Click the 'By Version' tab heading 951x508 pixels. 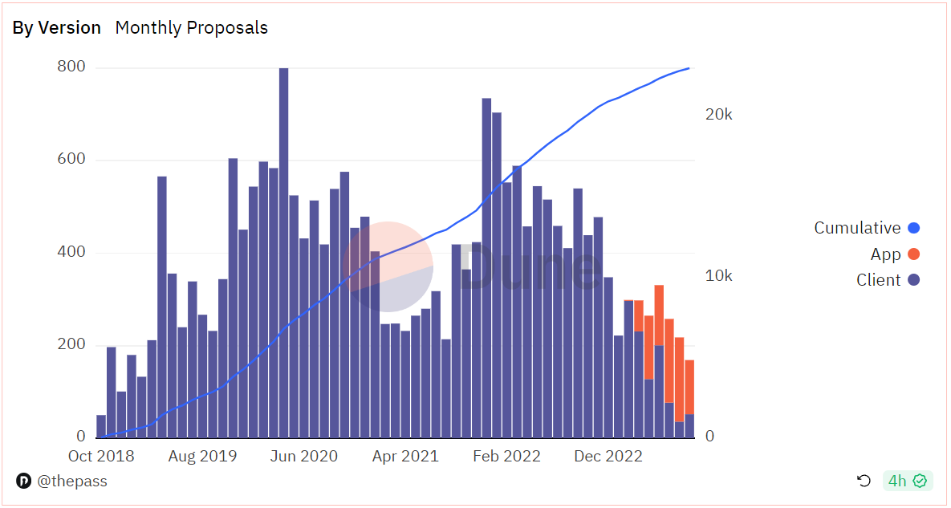[56, 27]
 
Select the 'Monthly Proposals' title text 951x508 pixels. [192, 27]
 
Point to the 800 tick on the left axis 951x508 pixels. [71, 67]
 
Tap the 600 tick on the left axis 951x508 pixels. [71, 160]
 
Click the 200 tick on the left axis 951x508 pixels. [71, 345]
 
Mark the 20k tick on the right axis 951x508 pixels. [717, 115]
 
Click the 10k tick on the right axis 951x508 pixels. [717, 276]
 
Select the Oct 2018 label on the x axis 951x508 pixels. [101, 457]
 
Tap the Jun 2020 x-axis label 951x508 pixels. [304, 457]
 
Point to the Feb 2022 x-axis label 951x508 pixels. [506, 457]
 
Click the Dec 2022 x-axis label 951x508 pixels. [608, 457]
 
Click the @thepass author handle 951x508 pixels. [71, 482]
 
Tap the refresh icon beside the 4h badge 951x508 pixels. [864, 481]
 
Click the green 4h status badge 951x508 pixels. [907, 481]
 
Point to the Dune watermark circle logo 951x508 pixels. [388, 266]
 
